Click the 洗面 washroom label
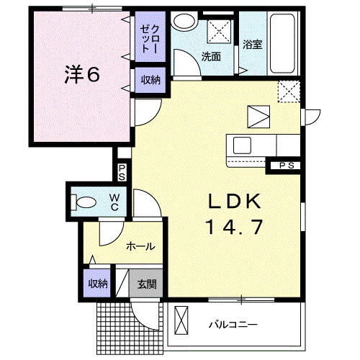pos(211,57)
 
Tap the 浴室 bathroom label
pos(252,45)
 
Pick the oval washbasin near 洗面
pos(186,22)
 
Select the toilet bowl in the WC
pos(82,202)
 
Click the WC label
pos(114,202)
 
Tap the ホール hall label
pos(140,246)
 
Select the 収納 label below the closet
pos(150,80)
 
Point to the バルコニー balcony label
pos(233,325)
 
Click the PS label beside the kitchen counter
pos(287,166)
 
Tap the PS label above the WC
pos(122,172)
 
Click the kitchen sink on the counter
pos(242,144)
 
